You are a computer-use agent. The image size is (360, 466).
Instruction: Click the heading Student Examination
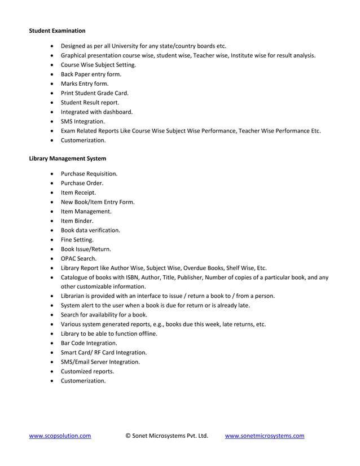(x=57, y=30)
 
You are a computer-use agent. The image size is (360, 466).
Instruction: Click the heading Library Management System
(x=67, y=159)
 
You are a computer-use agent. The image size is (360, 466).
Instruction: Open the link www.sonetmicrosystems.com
(x=265, y=436)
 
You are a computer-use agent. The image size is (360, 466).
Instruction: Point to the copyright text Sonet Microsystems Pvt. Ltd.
(x=166, y=436)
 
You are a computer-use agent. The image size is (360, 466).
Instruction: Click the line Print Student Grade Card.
(x=95, y=93)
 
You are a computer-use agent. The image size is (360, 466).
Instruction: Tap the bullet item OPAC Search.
(x=78, y=258)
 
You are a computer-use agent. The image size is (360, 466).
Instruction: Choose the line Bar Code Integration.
(x=89, y=343)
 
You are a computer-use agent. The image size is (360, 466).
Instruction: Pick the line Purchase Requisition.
(x=89, y=174)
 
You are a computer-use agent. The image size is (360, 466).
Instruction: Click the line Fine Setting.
(x=77, y=240)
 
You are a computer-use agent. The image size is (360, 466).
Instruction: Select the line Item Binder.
(x=77, y=221)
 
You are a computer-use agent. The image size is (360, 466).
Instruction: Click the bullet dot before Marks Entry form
(x=52, y=83)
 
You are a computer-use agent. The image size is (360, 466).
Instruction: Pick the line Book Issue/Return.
(x=86, y=249)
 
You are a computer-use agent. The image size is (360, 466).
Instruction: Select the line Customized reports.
(x=87, y=371)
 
